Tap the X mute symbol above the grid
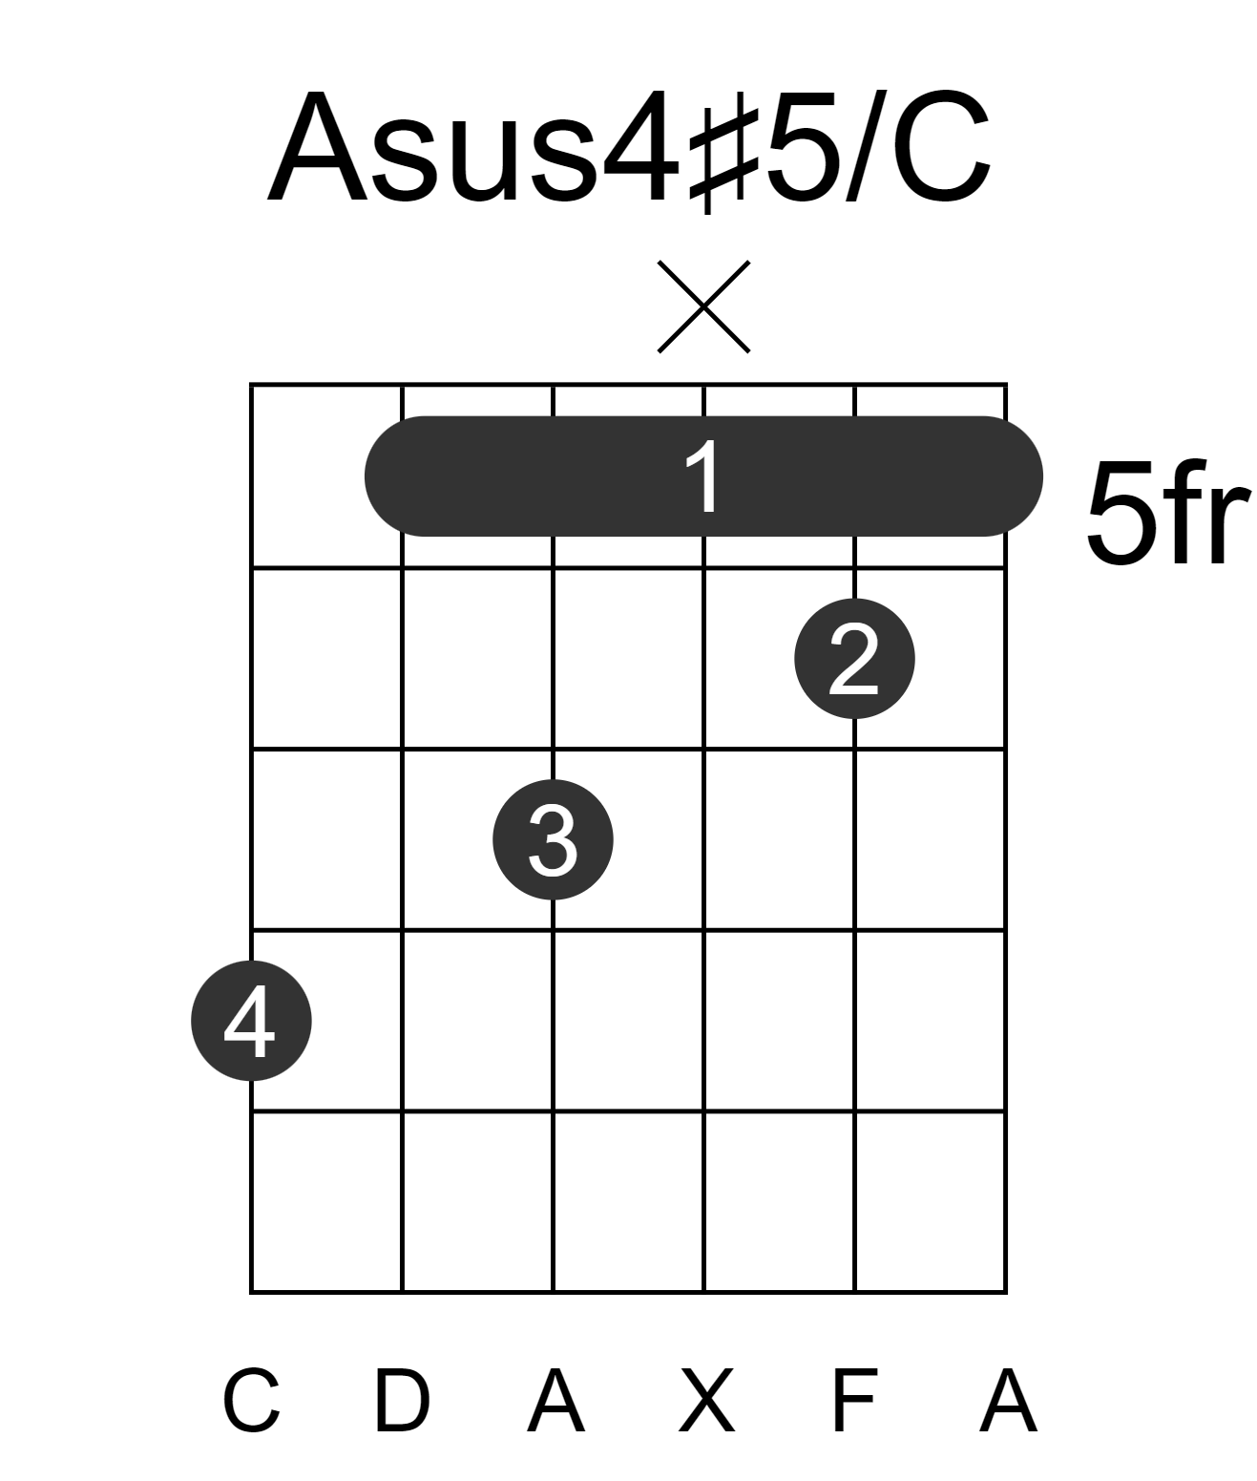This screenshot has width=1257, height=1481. pos(703,307)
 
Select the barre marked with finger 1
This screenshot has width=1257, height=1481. pos(703,476)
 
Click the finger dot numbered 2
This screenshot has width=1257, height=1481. pos(854,659)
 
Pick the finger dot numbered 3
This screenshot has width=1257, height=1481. pos(553,839)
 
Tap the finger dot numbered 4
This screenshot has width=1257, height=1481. pos(251,1021)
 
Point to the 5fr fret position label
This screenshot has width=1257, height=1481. pos(1166,513)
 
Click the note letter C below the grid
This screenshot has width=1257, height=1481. pos(251,1400)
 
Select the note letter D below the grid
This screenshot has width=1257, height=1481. pos(403,1400)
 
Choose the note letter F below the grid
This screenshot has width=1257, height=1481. pos(854,1400)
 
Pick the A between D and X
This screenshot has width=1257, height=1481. pos(556,1400)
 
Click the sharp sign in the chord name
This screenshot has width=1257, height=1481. pos(723,160)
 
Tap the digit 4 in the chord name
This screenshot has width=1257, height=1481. pos(640,147)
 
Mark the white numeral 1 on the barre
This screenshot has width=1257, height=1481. pos(703,476)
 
